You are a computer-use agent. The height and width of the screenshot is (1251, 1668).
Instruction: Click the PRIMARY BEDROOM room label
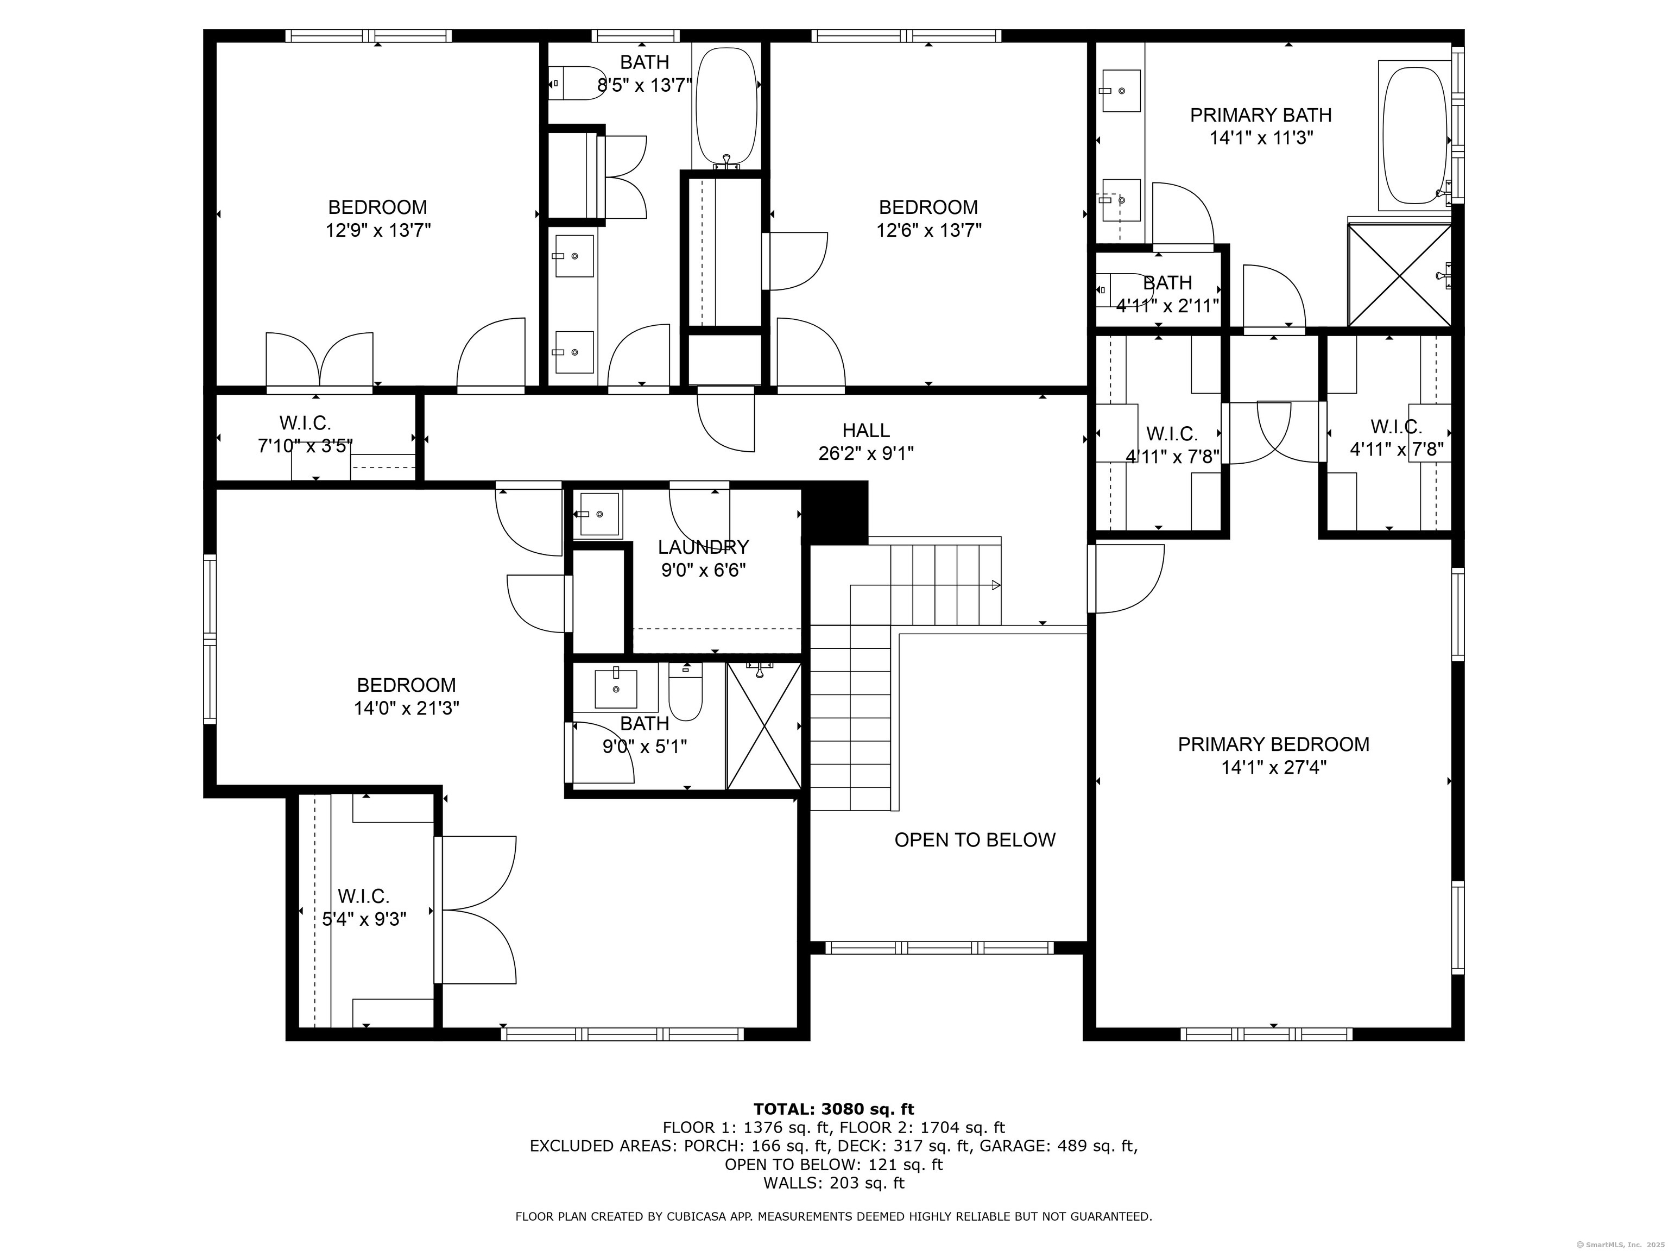click(1273, 744)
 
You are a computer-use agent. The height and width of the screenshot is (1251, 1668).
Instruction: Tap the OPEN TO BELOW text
click(974, 840)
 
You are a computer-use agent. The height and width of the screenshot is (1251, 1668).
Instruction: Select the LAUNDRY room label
click(703, 547)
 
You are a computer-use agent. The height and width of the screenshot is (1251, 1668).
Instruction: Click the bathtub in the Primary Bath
click(1414, 136)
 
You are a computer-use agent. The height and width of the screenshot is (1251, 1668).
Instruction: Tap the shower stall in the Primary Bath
click(1399, 275)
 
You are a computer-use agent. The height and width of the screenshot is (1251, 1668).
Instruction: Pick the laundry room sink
click(599, 514)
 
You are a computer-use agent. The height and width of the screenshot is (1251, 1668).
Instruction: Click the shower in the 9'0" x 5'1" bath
click(763, 725)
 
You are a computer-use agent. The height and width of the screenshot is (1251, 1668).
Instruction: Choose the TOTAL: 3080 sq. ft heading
click(833, 1109)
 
